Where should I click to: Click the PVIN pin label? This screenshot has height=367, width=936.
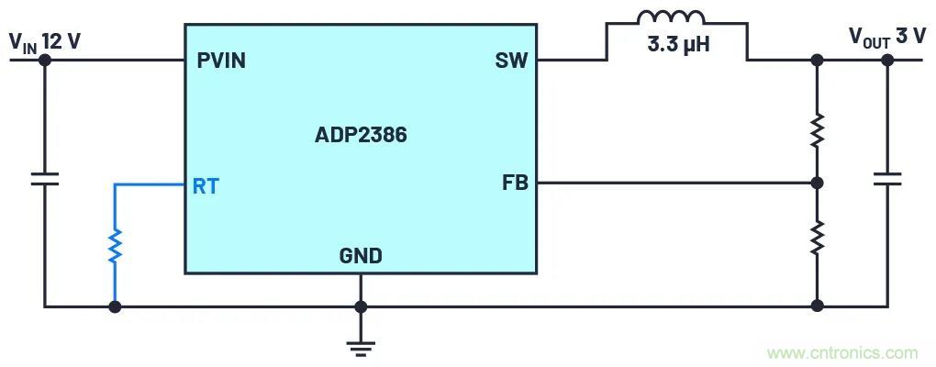[x=221, y=61]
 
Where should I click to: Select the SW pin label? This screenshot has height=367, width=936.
[x=511, y=61]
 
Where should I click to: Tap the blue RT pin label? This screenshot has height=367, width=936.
[x=206, y=186]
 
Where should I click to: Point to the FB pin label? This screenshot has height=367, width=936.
[x=514, y=183]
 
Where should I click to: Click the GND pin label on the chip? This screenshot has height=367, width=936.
[x=361, y=256]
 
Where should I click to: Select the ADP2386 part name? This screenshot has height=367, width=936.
[x=361, y=136]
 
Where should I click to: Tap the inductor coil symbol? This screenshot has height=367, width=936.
[x=672, y=18]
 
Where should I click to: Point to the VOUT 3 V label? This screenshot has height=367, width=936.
[x=886, y=37]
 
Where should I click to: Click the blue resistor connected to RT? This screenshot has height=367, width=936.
[x=115, y=246]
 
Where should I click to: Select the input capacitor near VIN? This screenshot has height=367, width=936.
[x=44, y=177]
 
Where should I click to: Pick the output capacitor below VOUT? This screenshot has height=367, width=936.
[x=887, y=177]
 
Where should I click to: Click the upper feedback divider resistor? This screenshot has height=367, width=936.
[x=817, y=130]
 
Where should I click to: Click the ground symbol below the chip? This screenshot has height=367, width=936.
[x=361, y=346]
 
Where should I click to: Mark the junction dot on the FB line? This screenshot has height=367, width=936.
[x=817, y=183]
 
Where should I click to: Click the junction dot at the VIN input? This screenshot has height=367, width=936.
[x=44, y=61]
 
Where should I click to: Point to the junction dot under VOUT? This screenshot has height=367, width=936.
[x=887, y=61]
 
